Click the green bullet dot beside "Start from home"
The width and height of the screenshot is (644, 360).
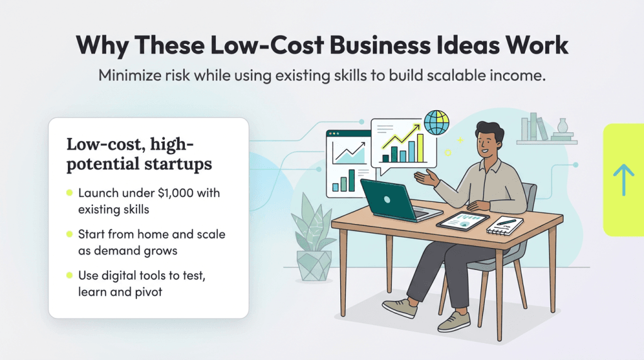tap(69, 234)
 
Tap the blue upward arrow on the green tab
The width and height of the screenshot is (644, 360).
tap(623, 179)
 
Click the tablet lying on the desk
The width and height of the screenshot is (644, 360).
tap(462, 220)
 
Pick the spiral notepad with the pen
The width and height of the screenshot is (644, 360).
tap(505, 225)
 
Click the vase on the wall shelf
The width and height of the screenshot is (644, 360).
tap(562, 128)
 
